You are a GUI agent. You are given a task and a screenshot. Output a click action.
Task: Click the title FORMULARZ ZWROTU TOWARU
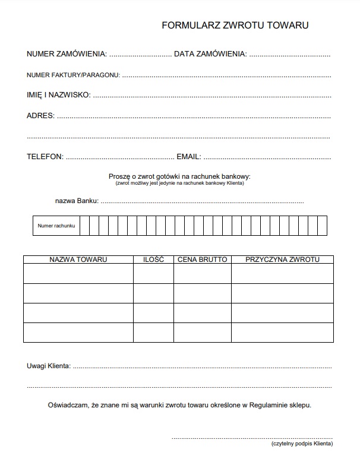235,26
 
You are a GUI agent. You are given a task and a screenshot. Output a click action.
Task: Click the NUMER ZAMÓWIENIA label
67,54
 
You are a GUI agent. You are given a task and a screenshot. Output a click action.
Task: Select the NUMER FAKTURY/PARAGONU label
73,75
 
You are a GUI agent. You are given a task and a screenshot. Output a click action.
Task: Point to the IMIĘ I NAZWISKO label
58,94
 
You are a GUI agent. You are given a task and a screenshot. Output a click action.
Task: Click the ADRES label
40,116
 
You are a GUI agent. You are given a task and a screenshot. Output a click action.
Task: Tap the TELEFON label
45,157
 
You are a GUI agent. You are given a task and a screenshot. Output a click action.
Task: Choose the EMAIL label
189,157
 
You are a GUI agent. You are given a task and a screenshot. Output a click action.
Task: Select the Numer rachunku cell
56,226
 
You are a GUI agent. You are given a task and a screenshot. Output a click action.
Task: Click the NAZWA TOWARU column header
78,260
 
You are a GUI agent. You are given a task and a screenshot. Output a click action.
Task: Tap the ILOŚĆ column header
153,260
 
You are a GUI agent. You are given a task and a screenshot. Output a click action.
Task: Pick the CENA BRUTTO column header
202,260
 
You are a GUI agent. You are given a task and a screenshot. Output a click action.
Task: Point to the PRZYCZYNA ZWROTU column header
282,260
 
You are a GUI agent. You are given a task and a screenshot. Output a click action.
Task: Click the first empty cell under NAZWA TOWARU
78,274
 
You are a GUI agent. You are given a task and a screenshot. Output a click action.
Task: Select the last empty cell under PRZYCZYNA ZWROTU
282,332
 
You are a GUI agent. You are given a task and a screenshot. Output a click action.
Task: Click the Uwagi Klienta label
49,366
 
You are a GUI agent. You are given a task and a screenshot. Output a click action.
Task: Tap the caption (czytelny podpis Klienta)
302,444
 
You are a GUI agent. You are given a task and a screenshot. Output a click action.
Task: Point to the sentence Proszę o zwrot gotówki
179,176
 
